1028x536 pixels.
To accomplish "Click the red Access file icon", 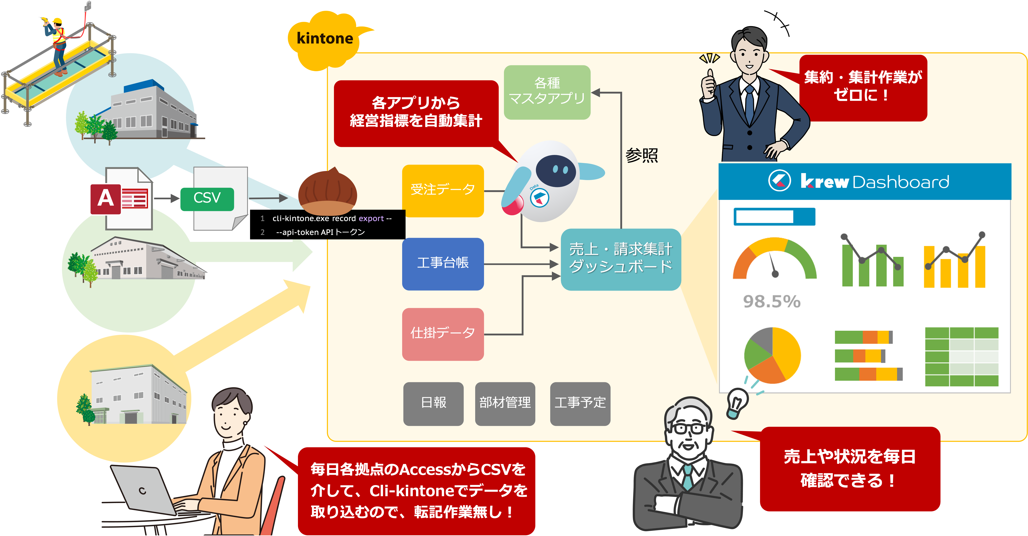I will coord(105,199).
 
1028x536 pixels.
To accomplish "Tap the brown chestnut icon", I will coord(327,191).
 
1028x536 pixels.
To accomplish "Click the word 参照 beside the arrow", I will coord(641,156).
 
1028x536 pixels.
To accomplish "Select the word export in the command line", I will coord(371,218).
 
